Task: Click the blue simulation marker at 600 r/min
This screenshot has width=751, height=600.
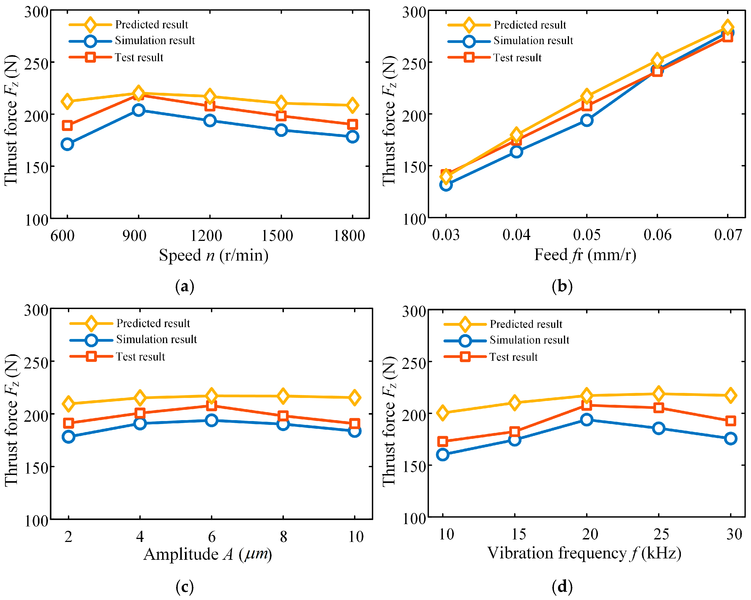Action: click(67, 144)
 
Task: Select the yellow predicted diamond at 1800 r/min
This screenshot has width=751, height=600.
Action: click(352, 105)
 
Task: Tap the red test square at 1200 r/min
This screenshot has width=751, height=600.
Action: click(210, 106)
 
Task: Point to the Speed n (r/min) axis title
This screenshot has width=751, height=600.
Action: click(214, 255)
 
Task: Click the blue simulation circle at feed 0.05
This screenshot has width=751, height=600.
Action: click(587, 120)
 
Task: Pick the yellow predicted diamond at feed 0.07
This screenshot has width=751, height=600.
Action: click(727, 27)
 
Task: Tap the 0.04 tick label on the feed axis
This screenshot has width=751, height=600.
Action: click(516, 235)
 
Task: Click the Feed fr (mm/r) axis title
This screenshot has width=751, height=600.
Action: click(585, 255)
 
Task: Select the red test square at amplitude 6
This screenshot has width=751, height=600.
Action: click(212, 405)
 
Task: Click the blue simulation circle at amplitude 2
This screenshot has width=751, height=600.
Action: click(69, 437)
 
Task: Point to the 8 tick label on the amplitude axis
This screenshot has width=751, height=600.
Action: click(283, 537)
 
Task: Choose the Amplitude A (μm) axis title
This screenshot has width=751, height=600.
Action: click(208, 554)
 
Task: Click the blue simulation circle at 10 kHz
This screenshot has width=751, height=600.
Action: click(443, 454)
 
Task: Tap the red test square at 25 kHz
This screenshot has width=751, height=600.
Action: click(658, 408)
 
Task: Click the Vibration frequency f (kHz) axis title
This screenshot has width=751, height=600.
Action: click(584, 553)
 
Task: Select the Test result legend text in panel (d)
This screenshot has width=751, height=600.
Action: click(513, 357)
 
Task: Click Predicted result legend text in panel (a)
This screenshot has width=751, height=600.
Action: click(151, 25)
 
